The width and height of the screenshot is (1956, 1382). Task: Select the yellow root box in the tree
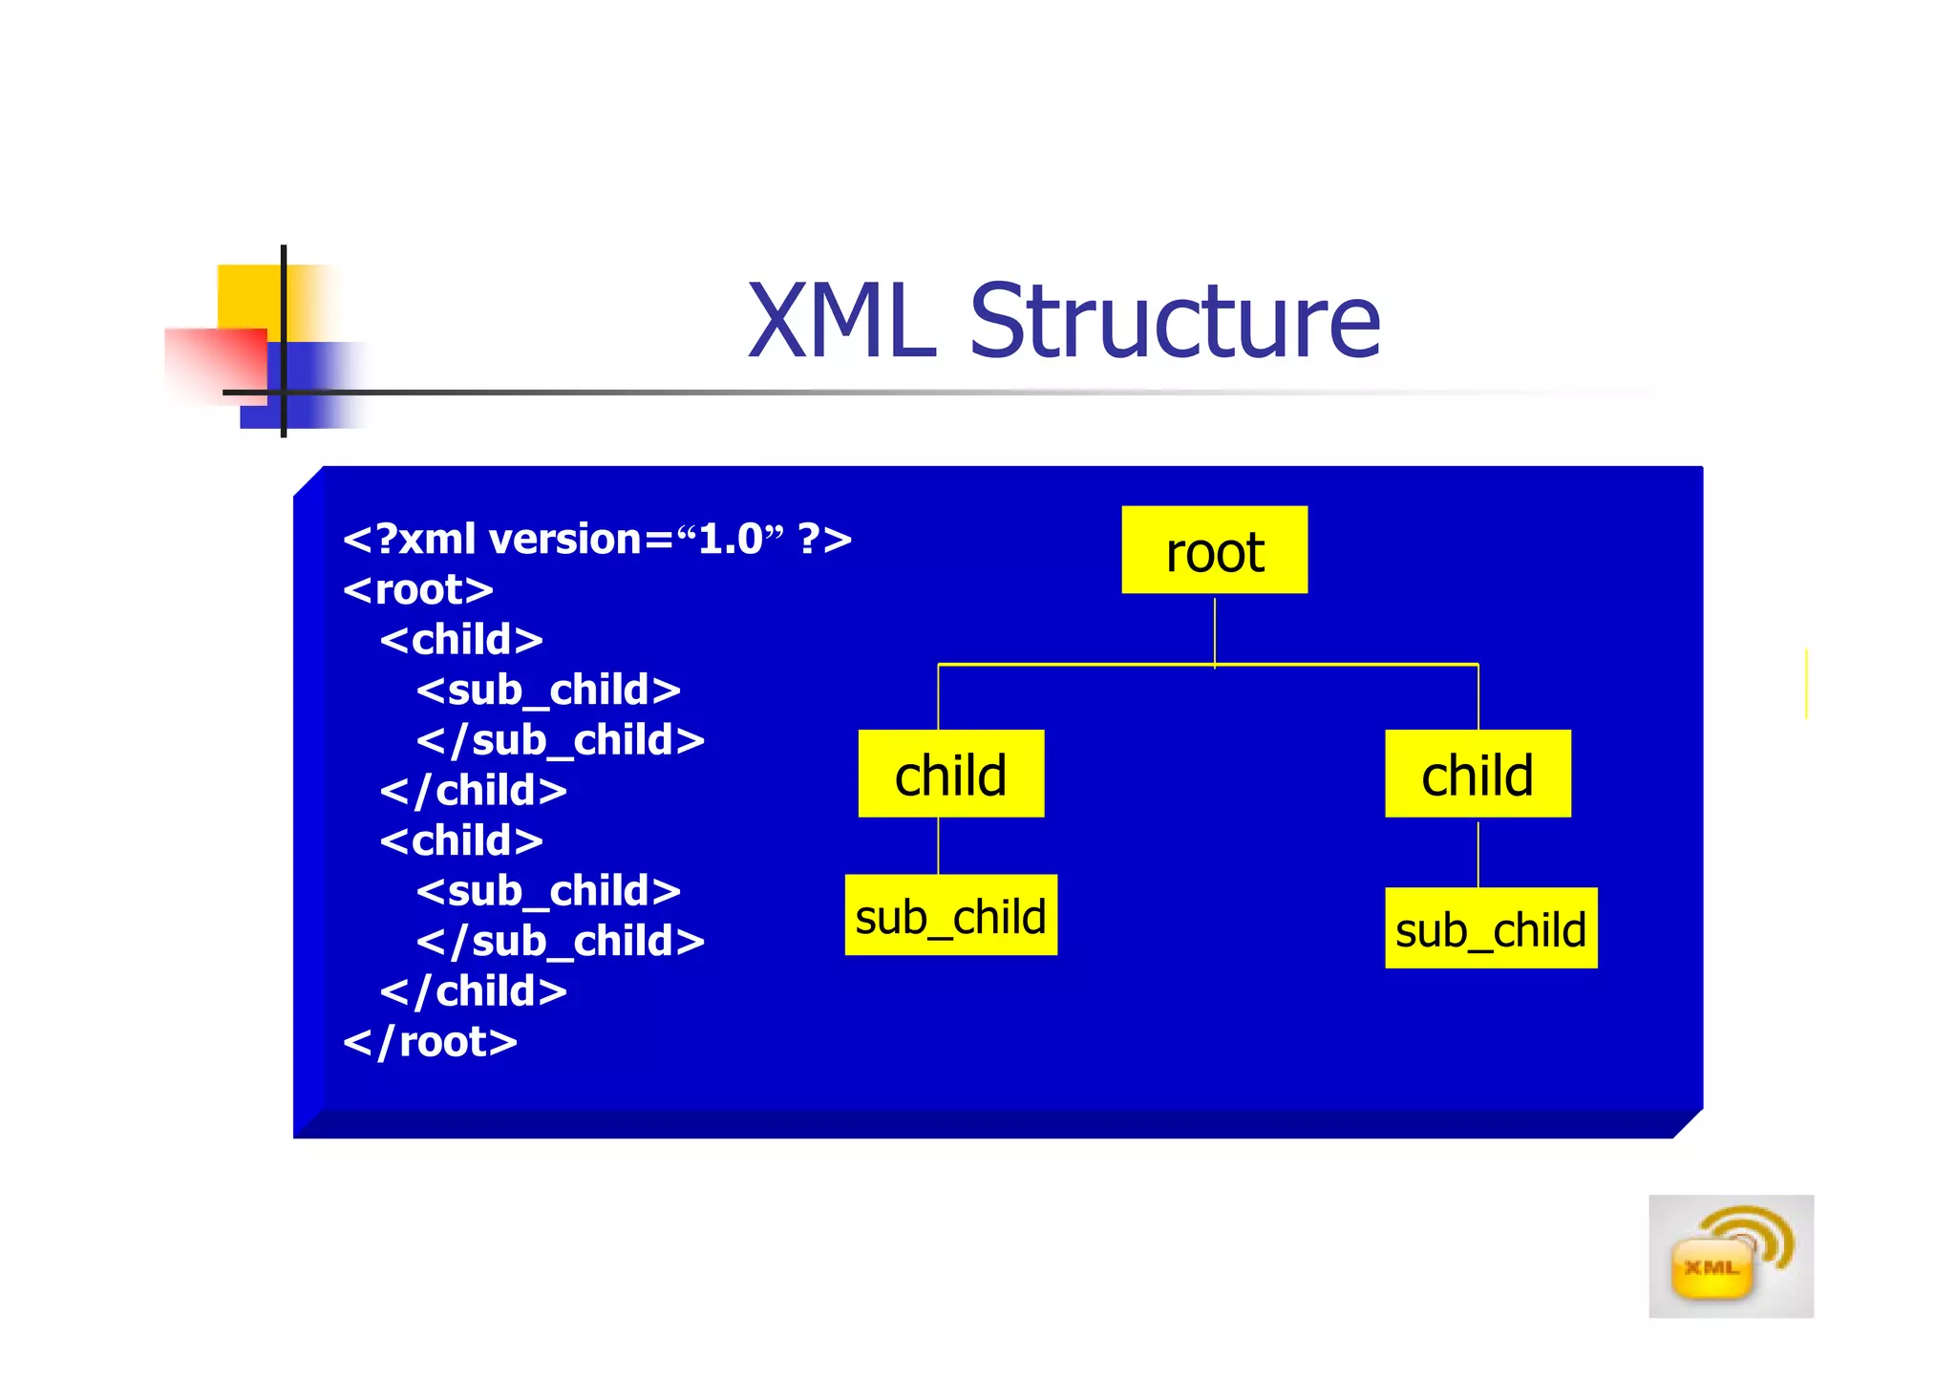1214,550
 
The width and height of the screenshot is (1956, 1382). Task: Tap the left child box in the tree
950,774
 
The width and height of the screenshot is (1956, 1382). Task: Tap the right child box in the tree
1478,774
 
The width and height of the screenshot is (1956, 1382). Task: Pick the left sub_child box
950,915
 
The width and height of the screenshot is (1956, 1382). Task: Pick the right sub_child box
1491,928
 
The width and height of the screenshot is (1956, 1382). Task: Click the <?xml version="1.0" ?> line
597,540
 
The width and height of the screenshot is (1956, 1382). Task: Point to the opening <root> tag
418,590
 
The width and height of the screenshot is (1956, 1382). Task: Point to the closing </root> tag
430,1042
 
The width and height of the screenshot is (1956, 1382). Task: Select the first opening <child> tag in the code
461,640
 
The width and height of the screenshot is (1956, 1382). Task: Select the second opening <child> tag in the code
461,841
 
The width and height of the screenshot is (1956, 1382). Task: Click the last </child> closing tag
474,991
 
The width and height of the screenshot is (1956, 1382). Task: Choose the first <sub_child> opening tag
548,691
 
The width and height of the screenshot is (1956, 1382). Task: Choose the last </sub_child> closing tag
561,942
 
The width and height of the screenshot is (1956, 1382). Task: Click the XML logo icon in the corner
1730,1256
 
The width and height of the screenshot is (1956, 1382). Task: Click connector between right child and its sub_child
1478,853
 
